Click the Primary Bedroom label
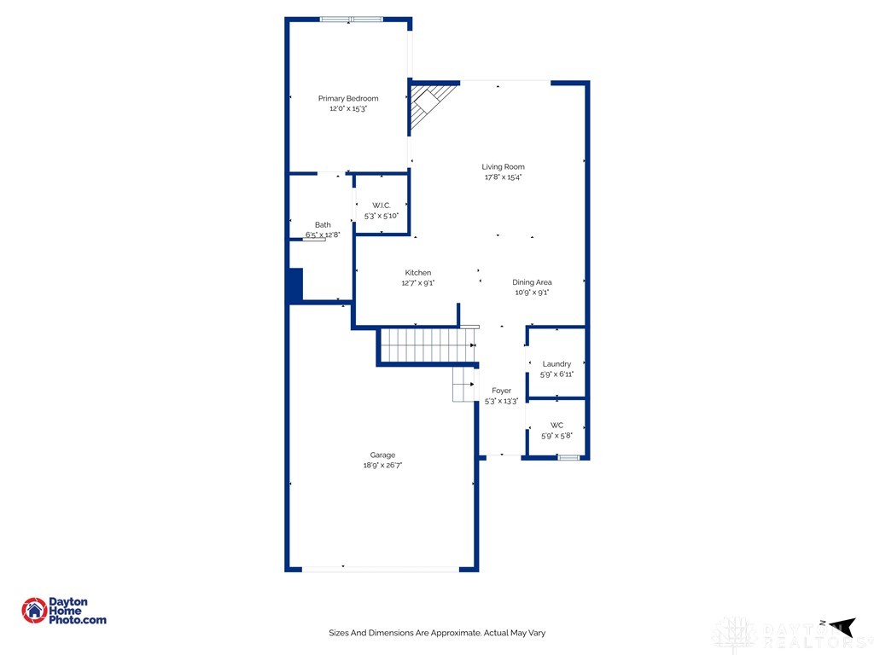(348, 99)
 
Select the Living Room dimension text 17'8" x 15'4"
(503, 177)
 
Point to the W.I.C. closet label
(382, 206)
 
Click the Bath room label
(323, 225)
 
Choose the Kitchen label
(418, 273)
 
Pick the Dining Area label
(532, 282)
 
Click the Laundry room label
(556, 364)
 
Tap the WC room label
(556, 425)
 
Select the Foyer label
(502, 391)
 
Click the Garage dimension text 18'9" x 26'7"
(382, 466)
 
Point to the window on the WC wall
(568, 458)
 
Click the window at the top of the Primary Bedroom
(352, 20)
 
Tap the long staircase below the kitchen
(427, 345)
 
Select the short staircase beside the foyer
(464, 385)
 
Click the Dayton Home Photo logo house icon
(34, 610)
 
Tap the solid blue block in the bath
(294, 284)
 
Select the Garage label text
(382, 455)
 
